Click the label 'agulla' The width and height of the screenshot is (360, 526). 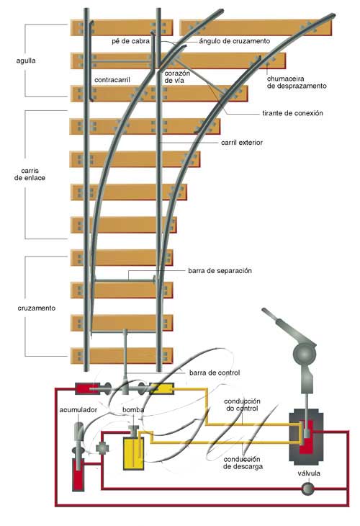tap(26, 61)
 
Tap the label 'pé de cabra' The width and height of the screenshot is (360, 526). tap(130, 41)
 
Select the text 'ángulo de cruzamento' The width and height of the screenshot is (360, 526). tap(234, 41)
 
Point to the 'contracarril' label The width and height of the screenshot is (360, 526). tap(112, 80)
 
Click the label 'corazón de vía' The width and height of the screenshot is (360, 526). tap(177, 77)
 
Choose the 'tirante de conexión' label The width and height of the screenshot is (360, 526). tap(292, 113)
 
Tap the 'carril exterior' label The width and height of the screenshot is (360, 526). tap(242, 143)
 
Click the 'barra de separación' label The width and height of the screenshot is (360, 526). tap(220, 271)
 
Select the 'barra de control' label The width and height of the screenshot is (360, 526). tap(215, 373)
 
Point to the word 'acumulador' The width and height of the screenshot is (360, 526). tap(78, 410)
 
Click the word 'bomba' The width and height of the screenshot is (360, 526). tap(133, 409)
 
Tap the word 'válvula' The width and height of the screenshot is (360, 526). tap(309, 473)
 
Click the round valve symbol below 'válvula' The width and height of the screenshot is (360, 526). tap(307, 489)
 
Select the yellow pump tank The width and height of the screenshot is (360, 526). tap(133, 453)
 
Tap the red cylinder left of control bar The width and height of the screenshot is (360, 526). tap(87, 388)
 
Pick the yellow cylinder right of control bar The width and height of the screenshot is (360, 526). tap(161, 388)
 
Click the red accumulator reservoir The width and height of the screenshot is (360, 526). tap(78, 474)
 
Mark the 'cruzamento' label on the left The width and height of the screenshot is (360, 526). tap(37, 308)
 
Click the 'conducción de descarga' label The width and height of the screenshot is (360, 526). tap(242, 463)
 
